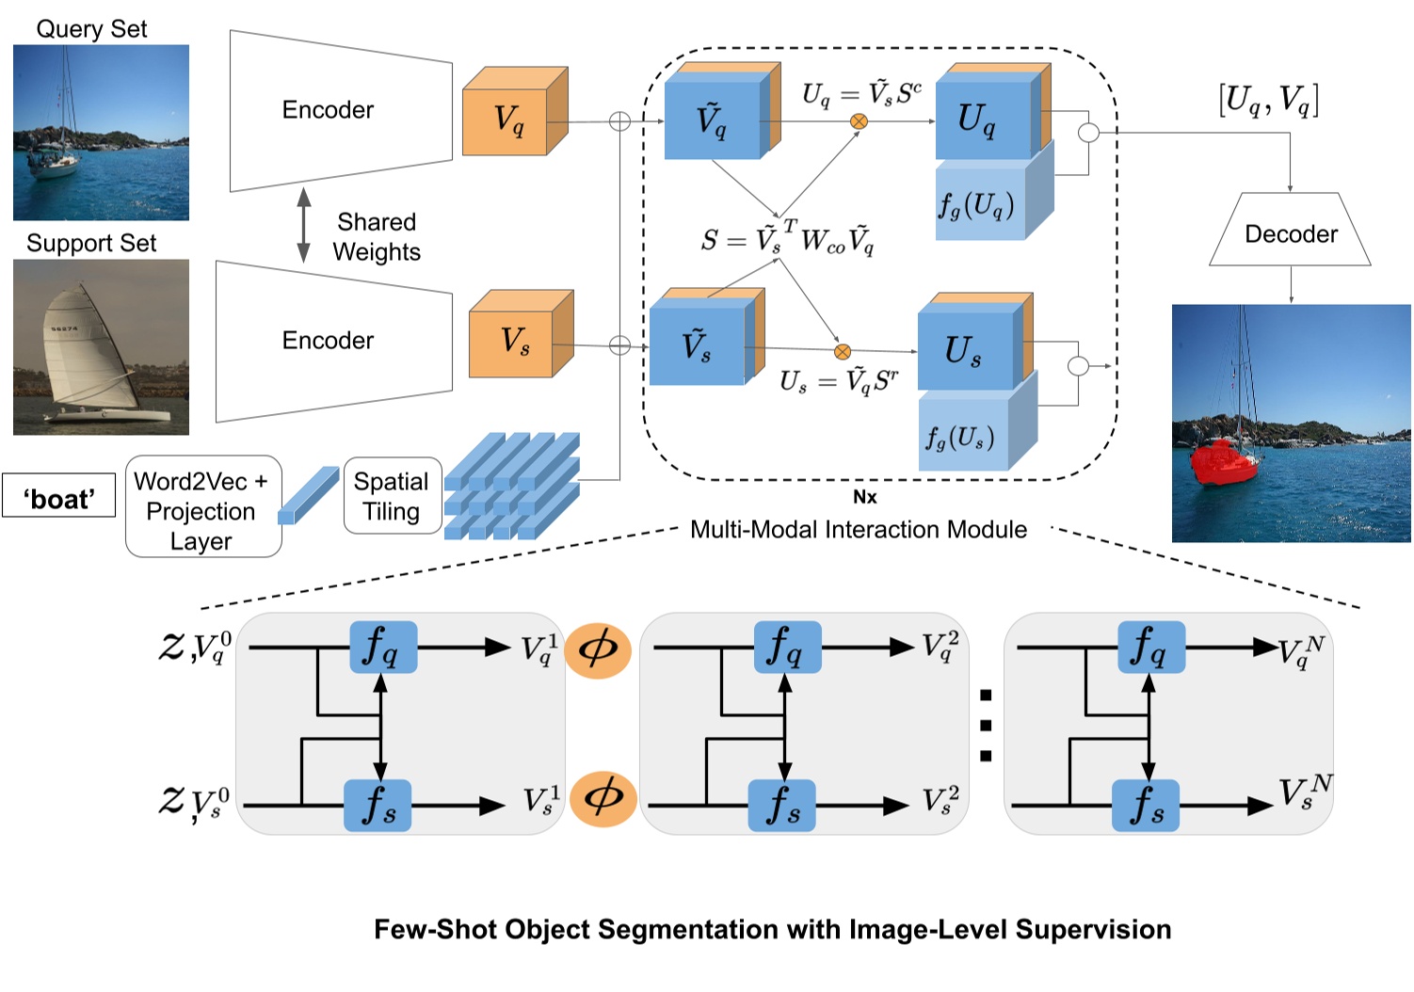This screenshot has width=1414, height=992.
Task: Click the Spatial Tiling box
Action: tap(392, 496)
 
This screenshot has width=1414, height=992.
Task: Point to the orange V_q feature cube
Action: tap(512, 119)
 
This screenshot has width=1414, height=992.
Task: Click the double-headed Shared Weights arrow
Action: tap(303, 224)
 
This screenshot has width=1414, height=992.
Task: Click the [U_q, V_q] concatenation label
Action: tap(1267, 100)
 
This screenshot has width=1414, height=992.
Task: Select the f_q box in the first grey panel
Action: tap(382, 647)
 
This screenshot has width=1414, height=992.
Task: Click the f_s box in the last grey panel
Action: tap(1145, 805)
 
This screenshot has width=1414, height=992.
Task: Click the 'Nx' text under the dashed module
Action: tap(863, 497)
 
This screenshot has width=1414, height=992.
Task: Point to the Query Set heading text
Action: tap(91, 29)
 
